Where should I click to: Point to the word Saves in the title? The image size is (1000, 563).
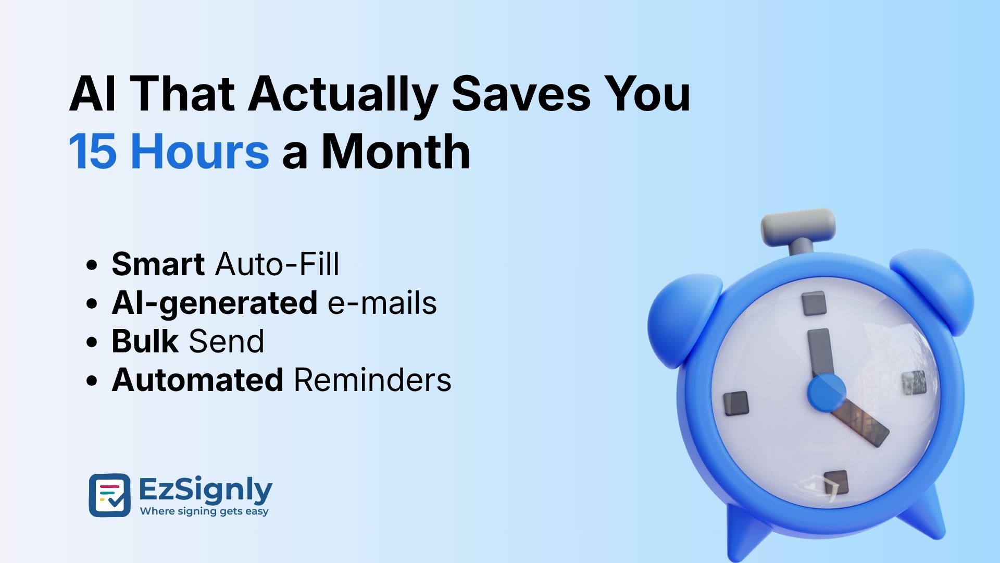521,94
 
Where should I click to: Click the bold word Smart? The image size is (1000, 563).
158,264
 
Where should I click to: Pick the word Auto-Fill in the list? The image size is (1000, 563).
277,264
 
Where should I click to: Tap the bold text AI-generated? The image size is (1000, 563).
215,303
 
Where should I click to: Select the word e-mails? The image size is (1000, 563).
382,303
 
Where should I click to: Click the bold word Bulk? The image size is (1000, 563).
145,341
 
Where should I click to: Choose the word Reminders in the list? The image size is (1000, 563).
372,380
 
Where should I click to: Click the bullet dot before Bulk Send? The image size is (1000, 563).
92,342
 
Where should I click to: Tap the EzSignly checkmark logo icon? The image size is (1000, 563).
109,495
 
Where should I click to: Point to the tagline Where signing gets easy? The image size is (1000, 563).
204,511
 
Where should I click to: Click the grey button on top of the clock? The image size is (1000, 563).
798,226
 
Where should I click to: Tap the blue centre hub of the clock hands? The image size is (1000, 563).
826,393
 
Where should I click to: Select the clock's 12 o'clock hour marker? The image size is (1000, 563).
814,303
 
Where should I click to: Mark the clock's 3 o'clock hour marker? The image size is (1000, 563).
914,383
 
